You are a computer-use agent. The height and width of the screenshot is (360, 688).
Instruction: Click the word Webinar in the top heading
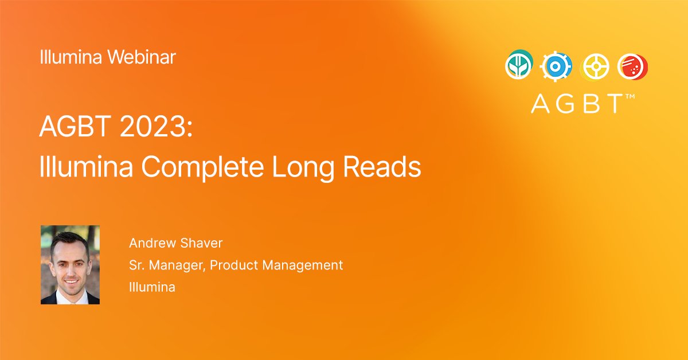click(x=142, y=57)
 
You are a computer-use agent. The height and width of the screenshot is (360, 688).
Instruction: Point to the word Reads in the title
click(x=382, y=166)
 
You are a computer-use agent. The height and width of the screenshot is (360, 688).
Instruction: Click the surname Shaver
click(x=201, y=243)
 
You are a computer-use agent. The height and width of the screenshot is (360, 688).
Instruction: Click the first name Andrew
click(x=153, y=243)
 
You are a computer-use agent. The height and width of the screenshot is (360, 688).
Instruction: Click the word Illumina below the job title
click(x=152, y=287)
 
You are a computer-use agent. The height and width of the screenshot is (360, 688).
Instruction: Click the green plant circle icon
click(x=519, y=65)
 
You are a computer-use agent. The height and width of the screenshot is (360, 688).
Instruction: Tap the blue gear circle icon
click(x=556, y=66)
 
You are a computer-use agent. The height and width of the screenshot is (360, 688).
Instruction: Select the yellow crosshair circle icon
click(x=595, y=67)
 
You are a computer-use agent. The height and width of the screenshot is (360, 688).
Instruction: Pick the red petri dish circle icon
click(x=633, y=66)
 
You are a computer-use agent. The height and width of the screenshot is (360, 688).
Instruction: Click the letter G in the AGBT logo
click(x=565, y=104)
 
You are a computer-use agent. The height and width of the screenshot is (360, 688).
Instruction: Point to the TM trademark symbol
click(x=630, y=96)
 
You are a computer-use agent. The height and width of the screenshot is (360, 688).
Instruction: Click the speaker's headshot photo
click(x=71, y=265)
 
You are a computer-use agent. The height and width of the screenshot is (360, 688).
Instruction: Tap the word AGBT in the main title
click(x=75, y=126)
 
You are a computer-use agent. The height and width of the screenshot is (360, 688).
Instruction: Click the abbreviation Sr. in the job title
click(x=136, y=265)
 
